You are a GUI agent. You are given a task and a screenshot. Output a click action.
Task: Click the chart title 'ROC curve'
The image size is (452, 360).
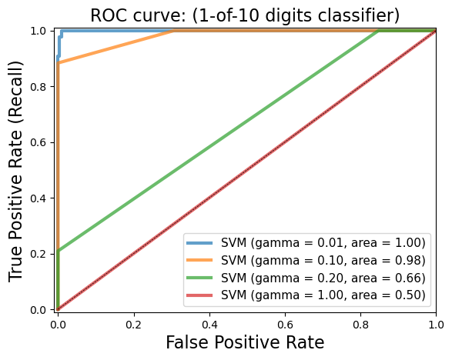[x=245, y=15]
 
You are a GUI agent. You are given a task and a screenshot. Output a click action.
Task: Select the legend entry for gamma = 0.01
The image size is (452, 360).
[x=305, y=243]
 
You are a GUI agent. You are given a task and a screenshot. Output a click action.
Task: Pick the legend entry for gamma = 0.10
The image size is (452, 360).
[x=305, y=260]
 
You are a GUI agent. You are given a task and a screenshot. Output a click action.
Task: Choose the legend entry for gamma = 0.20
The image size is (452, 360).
[x=305, y=278]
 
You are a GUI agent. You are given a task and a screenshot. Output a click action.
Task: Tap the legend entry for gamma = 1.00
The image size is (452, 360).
[x=305, y=295]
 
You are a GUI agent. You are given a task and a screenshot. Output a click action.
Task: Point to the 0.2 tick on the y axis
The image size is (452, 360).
[x=42, y=254]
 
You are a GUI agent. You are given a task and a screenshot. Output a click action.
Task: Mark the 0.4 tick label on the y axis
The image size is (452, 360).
[x=42, y=198]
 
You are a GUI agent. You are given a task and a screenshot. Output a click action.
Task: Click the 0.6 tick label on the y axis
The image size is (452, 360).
[x=42, y=142]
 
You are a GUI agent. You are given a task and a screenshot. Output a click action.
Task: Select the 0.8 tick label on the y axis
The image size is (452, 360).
[x=42, y=86]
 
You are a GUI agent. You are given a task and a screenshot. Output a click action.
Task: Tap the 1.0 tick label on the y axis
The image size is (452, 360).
[x=42, y=31]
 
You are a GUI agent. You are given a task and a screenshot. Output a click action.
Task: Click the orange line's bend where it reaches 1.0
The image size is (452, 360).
[x=175, y=31]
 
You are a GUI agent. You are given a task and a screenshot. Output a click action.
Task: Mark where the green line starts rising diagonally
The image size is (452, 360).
[x=58, y=250]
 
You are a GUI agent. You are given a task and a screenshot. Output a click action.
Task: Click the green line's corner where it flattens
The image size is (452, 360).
[x=379, y=31]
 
